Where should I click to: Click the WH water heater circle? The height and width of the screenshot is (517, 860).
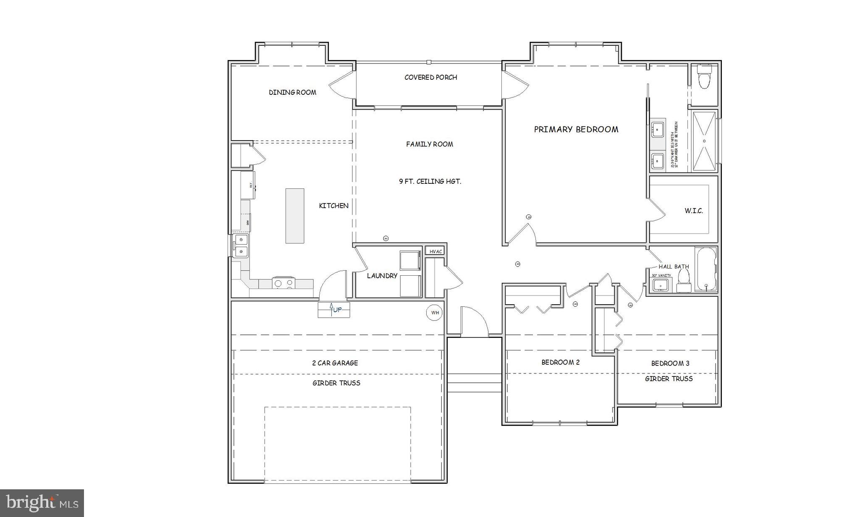tap(435, 313)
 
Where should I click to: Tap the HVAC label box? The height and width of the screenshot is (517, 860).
tap(435, 251)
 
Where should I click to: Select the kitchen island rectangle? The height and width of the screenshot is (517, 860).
tap(295, 216)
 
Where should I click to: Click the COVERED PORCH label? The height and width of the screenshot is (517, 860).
tap(430, 77)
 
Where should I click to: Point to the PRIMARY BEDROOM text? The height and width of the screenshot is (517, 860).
tap(576, 129)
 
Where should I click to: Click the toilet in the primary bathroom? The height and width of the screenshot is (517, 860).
tap(704, 77)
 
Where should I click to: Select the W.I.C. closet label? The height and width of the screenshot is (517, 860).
tap(693, 211)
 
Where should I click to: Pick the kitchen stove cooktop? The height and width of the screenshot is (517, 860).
tap(283, 283)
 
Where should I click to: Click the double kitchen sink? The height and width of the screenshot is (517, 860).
tap(241, 245)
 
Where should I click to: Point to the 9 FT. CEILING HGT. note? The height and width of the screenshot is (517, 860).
tap(430, 181)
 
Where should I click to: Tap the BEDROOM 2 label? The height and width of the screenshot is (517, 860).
tap(560, 362)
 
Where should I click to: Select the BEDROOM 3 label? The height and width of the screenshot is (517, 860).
tap(670, 363)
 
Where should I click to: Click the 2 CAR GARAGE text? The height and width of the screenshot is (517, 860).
tap(335, 363)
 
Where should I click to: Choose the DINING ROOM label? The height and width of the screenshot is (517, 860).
tap(292, 92)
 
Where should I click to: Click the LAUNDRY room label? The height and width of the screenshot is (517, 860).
tap(382, 276)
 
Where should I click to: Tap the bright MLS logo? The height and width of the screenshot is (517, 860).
tap(42, 503)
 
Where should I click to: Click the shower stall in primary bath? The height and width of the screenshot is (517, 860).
tap(704, 141)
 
